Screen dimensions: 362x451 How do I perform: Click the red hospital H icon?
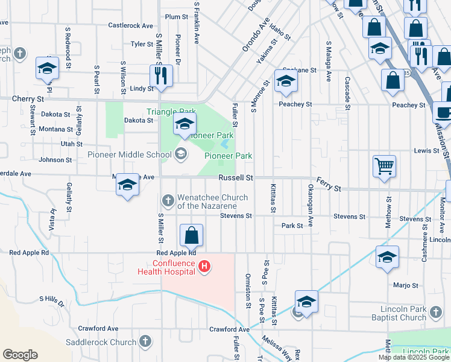pyautogui.click(x=204, y=266)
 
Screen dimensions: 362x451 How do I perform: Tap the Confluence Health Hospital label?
pyautogui.click(x=174, y=267)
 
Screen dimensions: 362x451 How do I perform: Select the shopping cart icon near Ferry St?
pyautogui.click(x=384, y=165)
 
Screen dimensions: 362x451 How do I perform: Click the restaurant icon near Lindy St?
pyautogui.click(x=161, y=75)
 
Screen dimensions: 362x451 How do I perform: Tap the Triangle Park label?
pyautogui.click(x=171, y=112)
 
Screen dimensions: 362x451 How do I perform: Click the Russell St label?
pyautogui.click(x=235, y=178)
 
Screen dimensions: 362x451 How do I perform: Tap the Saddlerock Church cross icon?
pyautogui.click(x=145, y=342)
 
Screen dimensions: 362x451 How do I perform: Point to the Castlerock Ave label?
pyautogui.click(x=131, y=25)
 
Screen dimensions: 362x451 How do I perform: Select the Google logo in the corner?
pyautogui.click(x=20, y=355)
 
